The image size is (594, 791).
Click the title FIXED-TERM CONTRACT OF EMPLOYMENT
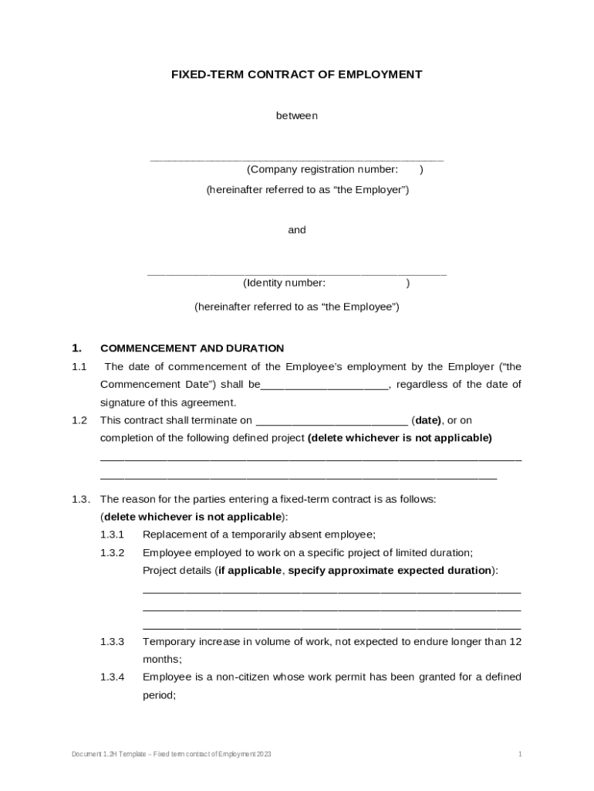coord(296,75)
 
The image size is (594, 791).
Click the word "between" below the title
coord(297,116)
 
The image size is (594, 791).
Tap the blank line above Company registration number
coord(297,158)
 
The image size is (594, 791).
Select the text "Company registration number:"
coord(322,170)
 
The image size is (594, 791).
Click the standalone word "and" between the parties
coord(297,230)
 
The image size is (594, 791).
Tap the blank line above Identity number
coord(297,273)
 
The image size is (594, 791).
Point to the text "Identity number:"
coord(284,283)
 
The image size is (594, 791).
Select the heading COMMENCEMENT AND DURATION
coord(192,348)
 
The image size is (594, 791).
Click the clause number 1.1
coord(79,367)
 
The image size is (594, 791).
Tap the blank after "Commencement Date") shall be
coord(325,385)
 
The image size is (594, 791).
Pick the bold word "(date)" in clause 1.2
coord(427,421)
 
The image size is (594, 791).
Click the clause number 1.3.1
coord(112,535)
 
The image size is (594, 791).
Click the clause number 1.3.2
coord(112,553)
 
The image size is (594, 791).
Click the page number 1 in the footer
coord(520,753)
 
